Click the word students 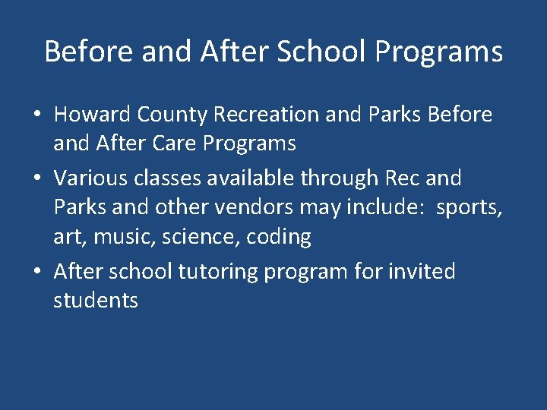pyautogui.click(x=96, y=301)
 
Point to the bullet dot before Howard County pyautogui.click(x=37, y=115)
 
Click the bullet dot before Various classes pyautogui.click(x=37, y=179)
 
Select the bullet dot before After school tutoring pyautogui.click(x=37, y=272)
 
